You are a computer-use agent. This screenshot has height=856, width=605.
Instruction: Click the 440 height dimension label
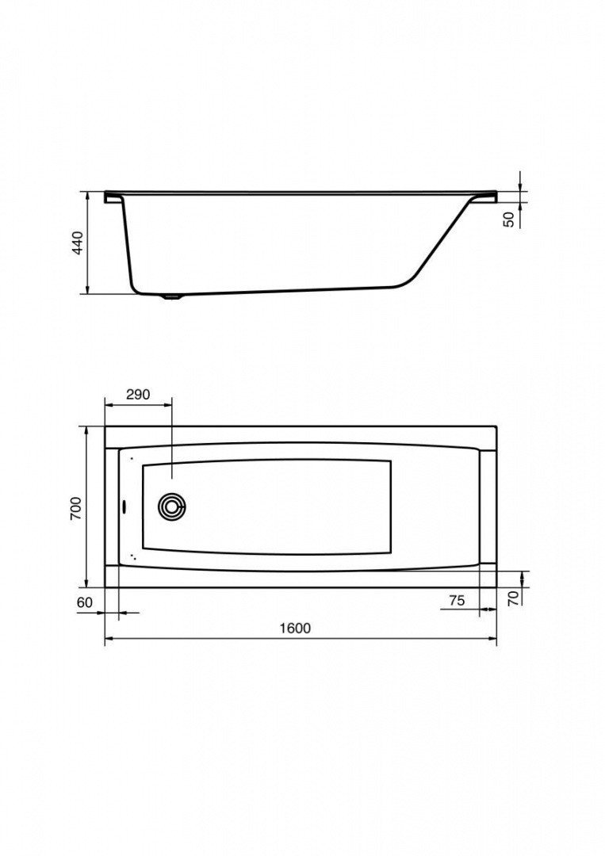pyautogui.click(x=78, y=243)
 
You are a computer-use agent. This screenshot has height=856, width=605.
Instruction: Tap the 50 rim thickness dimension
pyautogui.click(x=509, y=220)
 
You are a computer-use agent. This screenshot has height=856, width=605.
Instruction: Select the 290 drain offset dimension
pyautogui.click(x=138, y=394)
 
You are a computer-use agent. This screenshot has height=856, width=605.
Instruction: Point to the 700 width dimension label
pyautogui.click(x=76, y=508)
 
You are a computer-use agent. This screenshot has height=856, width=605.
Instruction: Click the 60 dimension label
pyautogui.click(x=85, y=602)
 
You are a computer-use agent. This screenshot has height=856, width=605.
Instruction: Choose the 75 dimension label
pyautogui.click(x=457, y=600)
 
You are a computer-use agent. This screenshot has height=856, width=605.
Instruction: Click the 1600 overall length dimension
pyautogui.click(x=295, y=628)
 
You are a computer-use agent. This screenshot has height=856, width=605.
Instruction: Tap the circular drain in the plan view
pyautogui.click(x=173, y=507)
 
